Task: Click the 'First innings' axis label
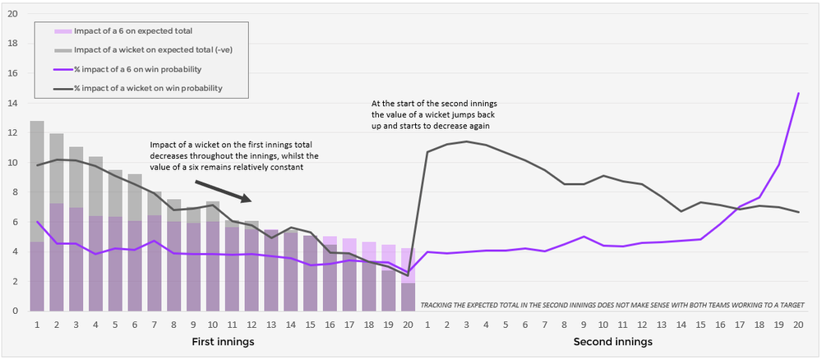click(222, 341)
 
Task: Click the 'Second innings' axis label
click(612, 341)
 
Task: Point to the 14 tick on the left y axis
click(13, 103)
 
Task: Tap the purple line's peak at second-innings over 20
click(797, 94)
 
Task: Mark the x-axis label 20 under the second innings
click(797, 324)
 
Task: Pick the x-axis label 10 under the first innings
click(212, 324)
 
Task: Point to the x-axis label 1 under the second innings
click(427, 324)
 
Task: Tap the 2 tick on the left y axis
click(13, 281)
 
